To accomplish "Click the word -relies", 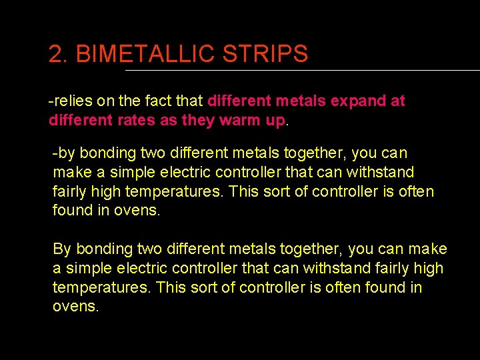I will pos(69,101).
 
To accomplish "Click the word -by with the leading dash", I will pos(64,153).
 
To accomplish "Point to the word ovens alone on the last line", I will pos(75,307).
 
